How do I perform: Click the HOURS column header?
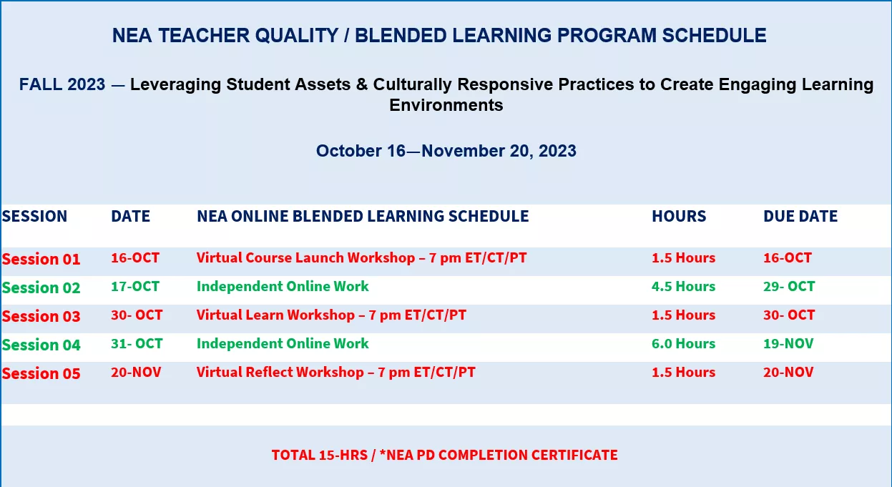(679, 216)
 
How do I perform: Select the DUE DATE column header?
(800, 216)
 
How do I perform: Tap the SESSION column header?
(34, 216)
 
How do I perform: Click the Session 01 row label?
(41, 259)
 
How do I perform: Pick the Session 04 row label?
(41, 345)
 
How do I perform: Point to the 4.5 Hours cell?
(683, 286)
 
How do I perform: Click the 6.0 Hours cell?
(683, 344)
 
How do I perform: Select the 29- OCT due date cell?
(789, 286)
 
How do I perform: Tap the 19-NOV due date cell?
(788, 344)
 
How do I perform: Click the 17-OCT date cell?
(135, 286)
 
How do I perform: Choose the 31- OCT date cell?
(137, 344)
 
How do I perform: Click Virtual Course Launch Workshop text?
(305, 258)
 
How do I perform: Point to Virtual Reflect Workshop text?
(280, 373)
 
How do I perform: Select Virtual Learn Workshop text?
(275, 315)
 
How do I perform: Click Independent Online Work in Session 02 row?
(283, 286)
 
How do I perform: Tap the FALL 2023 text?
(62, 84)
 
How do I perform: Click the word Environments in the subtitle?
(446, 105)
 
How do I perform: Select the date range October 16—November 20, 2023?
(446, 151)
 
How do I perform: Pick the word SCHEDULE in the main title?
(715, 36)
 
